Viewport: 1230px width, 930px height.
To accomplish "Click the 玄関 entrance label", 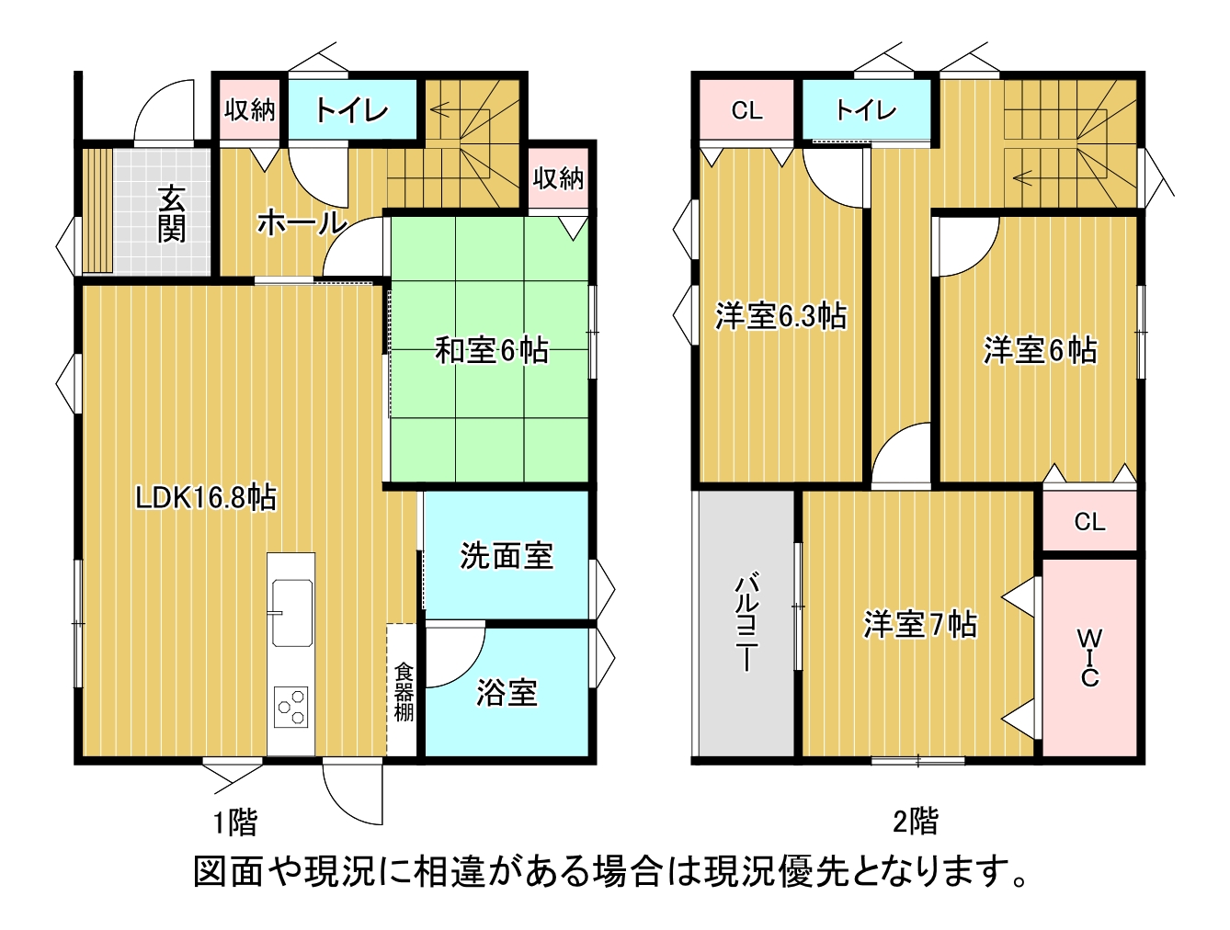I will pyautogui.click(x=172, y=213).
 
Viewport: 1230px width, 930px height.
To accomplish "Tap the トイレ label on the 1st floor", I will pyautogui.click(x=352, y=111).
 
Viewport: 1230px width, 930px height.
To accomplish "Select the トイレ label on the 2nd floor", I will pyautogui.click(x=865, y=111).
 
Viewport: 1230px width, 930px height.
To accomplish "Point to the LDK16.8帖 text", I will pyautogui.click(x=206, y=498).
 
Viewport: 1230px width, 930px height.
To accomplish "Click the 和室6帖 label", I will pyautogui.click(x=492, y=350).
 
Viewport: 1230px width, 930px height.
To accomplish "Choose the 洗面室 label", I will pyautogui.click(x=507, y=555).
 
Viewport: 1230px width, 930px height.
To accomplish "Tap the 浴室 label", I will pyautogui.click(x=507, y=692).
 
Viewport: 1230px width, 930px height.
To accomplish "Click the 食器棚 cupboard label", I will pyautogui.click(x=404, y=692).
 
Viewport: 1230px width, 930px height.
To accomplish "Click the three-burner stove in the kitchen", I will pyautogui.click(x=291, y=707).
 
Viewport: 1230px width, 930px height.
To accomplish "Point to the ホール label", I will pyautogui.click(x=301, y=222).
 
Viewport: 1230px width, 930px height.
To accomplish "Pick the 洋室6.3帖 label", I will pyautogui.click(x=780, y=316).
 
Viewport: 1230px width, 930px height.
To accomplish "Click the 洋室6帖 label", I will pyautogui.click(x=1040, y=350).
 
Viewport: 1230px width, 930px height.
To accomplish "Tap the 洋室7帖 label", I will pyautogui.click(x=919, y=625).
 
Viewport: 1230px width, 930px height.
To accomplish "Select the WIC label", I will pyautogui.click(x=1089, y=658).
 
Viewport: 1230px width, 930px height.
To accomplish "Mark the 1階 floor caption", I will pyautogui.click(x=235, y=822).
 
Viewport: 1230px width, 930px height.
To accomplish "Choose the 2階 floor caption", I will pyautogui.click(x=916, y=821).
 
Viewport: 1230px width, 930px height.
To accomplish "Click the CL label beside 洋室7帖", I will pyautogui.click(x=1089, y=522).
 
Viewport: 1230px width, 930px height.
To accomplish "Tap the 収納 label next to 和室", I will pyautogui.click(x=558, y=177).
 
